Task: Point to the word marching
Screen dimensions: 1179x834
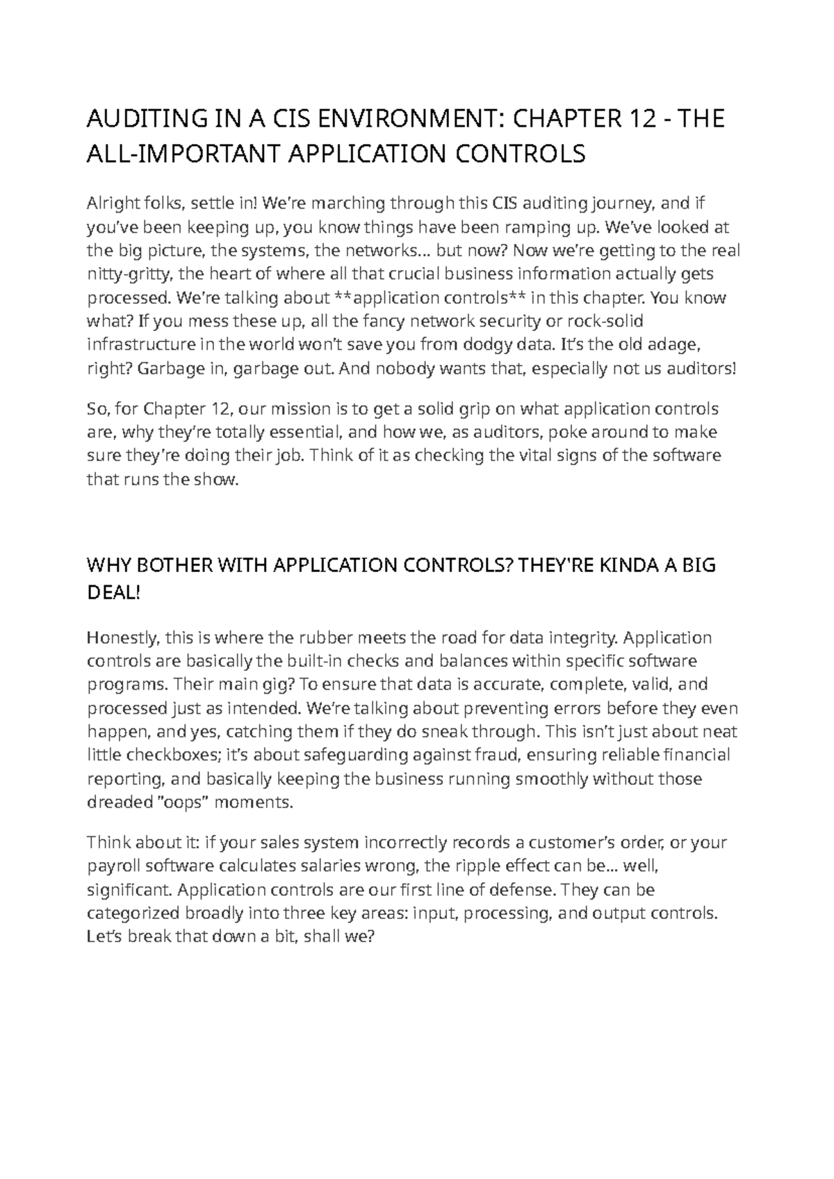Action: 347,204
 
